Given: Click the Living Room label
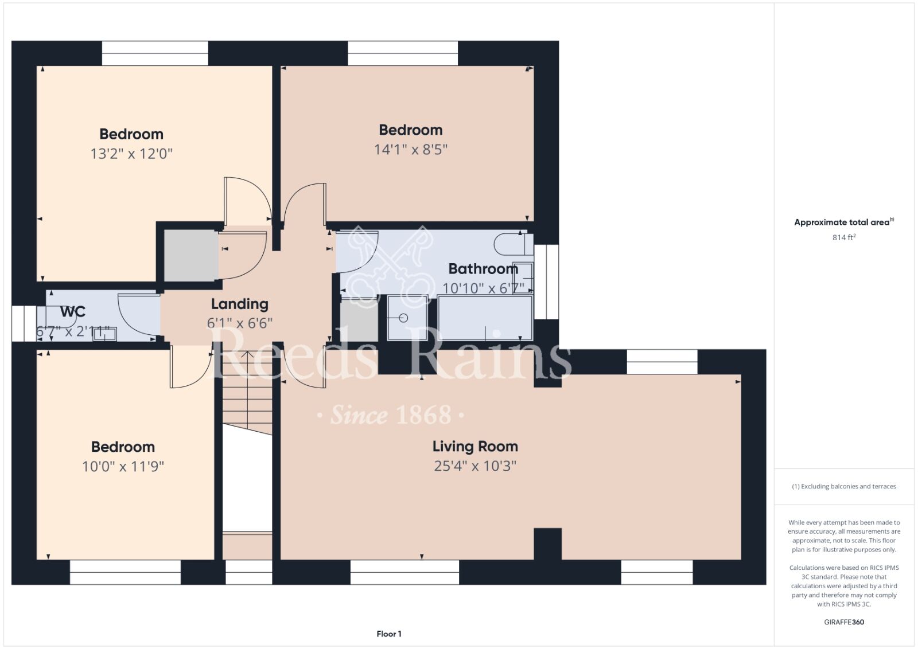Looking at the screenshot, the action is (x=475, y=446).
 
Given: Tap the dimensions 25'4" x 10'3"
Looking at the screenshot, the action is (x=475, y=466).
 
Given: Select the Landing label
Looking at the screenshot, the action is (x=240, y=304).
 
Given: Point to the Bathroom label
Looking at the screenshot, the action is (x=483, y=269).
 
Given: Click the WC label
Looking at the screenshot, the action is (x=72, y=312).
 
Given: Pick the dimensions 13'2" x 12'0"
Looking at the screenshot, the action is (x=131, y=154).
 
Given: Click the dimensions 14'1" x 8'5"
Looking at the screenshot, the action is (x=411, y=150).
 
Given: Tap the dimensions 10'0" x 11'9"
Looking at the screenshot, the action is (x=123, y=466).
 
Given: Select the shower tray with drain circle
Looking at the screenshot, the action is (x=407, y=318).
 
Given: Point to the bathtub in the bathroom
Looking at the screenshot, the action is (x=485, y=318).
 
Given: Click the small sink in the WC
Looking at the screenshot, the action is (x=105, y=334).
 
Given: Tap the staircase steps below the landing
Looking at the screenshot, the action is (x=247, y=392).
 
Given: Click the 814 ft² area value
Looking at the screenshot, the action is (x=844, y=237).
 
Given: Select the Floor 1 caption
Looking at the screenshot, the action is (x=389, y=634).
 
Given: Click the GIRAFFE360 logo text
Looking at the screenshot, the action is (x=844, y=622).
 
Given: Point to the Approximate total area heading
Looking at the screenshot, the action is (x=844, y=222).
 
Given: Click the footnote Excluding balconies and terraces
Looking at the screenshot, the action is (x=844, y=486).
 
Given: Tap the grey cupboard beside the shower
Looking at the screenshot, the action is (x=359, y=320).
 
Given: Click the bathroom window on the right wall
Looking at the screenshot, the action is (x=546, y=282).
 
